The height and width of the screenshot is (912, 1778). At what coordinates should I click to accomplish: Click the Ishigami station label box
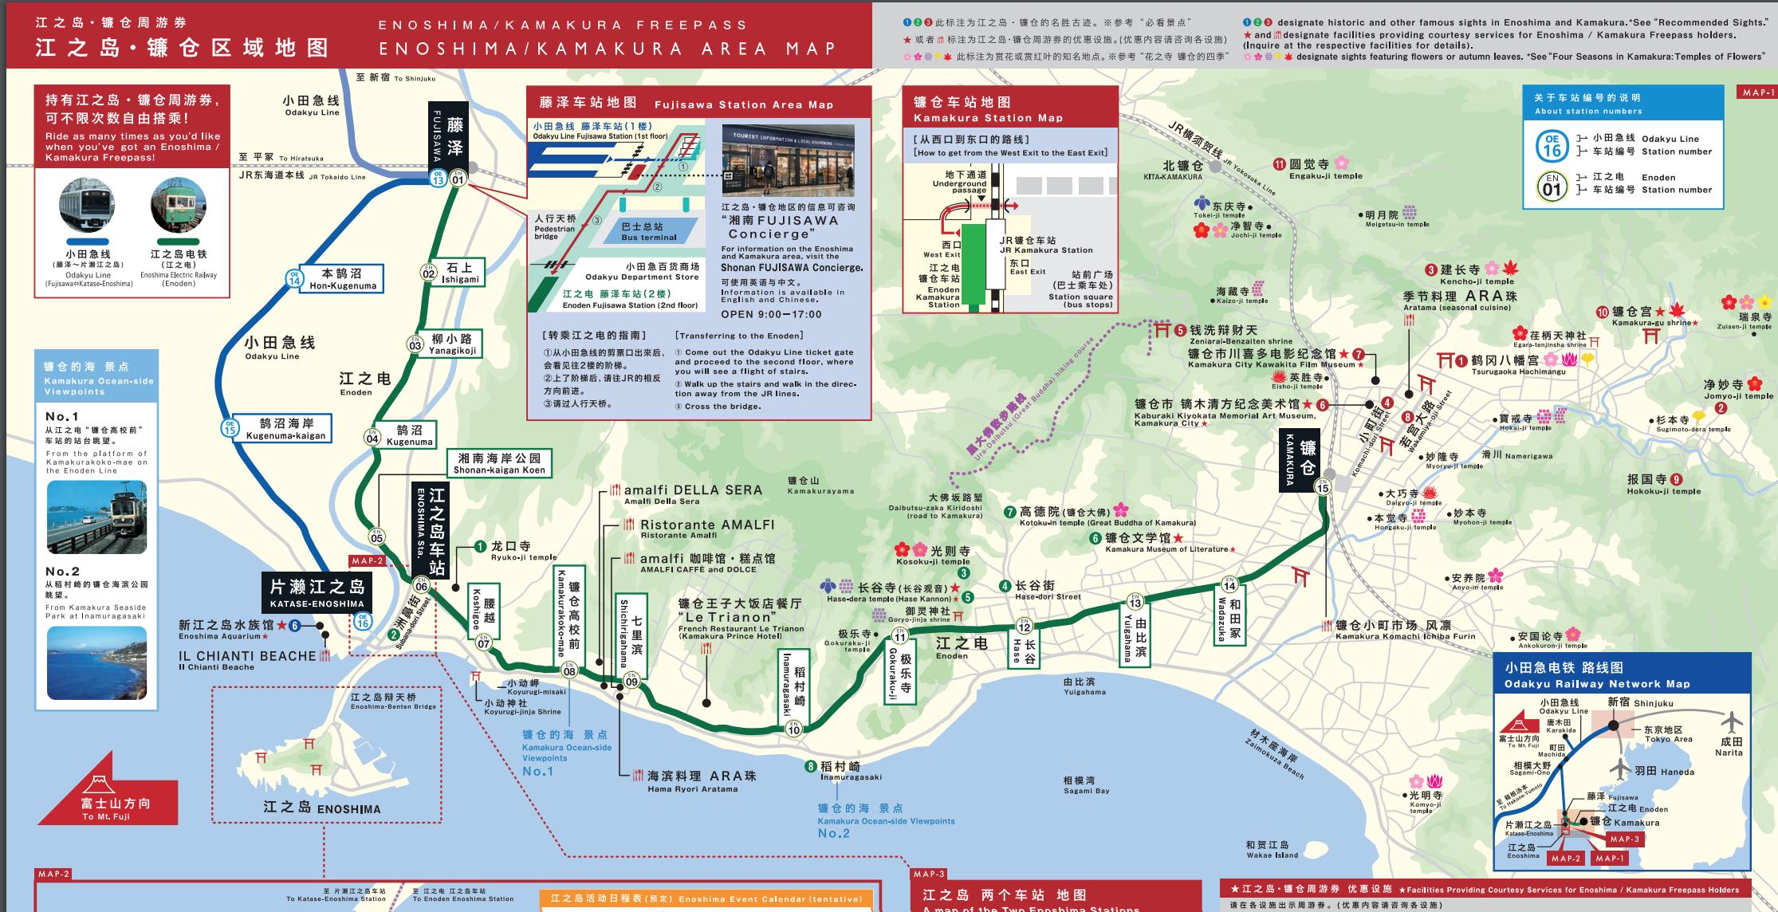[x=460, y=273]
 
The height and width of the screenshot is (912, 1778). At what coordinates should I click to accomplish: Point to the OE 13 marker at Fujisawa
[x=438, y=178]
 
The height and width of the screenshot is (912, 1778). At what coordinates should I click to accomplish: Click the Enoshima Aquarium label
[x=226, y=630]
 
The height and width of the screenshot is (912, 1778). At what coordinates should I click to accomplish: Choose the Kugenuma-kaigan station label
[x=285, y=429]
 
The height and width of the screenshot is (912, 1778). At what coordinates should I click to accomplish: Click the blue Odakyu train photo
[x=87, y=206]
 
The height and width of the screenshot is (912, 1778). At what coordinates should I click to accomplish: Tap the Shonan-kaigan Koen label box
[x=499, y=463]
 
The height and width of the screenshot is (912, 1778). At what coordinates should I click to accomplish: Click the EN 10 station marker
[x=793, y=729]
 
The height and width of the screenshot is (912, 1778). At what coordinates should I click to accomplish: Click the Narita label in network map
[x=1729, y=746]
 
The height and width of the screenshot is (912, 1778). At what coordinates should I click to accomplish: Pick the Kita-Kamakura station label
[x=1170, y=170]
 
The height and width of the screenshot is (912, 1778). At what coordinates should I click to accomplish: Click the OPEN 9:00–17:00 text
[x=771, y=314]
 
